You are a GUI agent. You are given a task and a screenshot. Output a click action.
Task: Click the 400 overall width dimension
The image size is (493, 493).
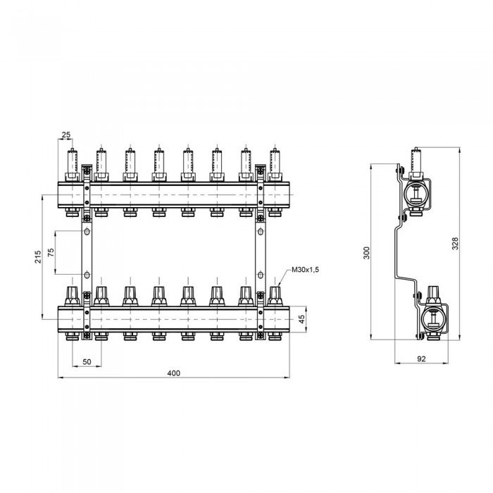173,373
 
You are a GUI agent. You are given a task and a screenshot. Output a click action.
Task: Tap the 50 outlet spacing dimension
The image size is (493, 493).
87,362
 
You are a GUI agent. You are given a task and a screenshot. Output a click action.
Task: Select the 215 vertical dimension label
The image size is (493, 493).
38,257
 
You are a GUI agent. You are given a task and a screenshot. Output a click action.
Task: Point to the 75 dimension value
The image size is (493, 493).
51,252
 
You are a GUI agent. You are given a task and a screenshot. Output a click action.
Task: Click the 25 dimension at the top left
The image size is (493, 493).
66,135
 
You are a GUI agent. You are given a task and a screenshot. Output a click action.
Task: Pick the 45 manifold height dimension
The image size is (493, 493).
301,319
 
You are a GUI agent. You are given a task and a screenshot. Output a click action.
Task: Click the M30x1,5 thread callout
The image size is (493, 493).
305,270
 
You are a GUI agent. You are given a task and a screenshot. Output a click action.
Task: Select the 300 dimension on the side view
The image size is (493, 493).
367,253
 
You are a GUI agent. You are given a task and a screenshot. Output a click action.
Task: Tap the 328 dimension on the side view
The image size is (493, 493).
455,244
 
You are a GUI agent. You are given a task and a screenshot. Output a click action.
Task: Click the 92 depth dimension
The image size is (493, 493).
421,358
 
